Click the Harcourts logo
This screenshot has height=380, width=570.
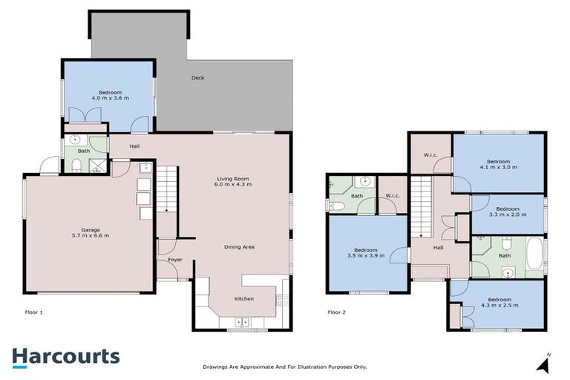pos(65,356)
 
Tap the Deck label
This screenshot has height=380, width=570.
pos(197,78)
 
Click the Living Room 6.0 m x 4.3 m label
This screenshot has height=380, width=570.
pos(234,181)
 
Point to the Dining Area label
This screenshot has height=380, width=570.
pos(240,246)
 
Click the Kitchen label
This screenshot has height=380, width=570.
pos(244,298)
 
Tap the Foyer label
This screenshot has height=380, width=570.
pos(175,260)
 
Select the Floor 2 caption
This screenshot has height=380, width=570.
pos(338,312)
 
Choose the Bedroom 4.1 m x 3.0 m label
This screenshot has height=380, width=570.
pos(498,164)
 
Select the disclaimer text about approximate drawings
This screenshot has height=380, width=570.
pos(285,367)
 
